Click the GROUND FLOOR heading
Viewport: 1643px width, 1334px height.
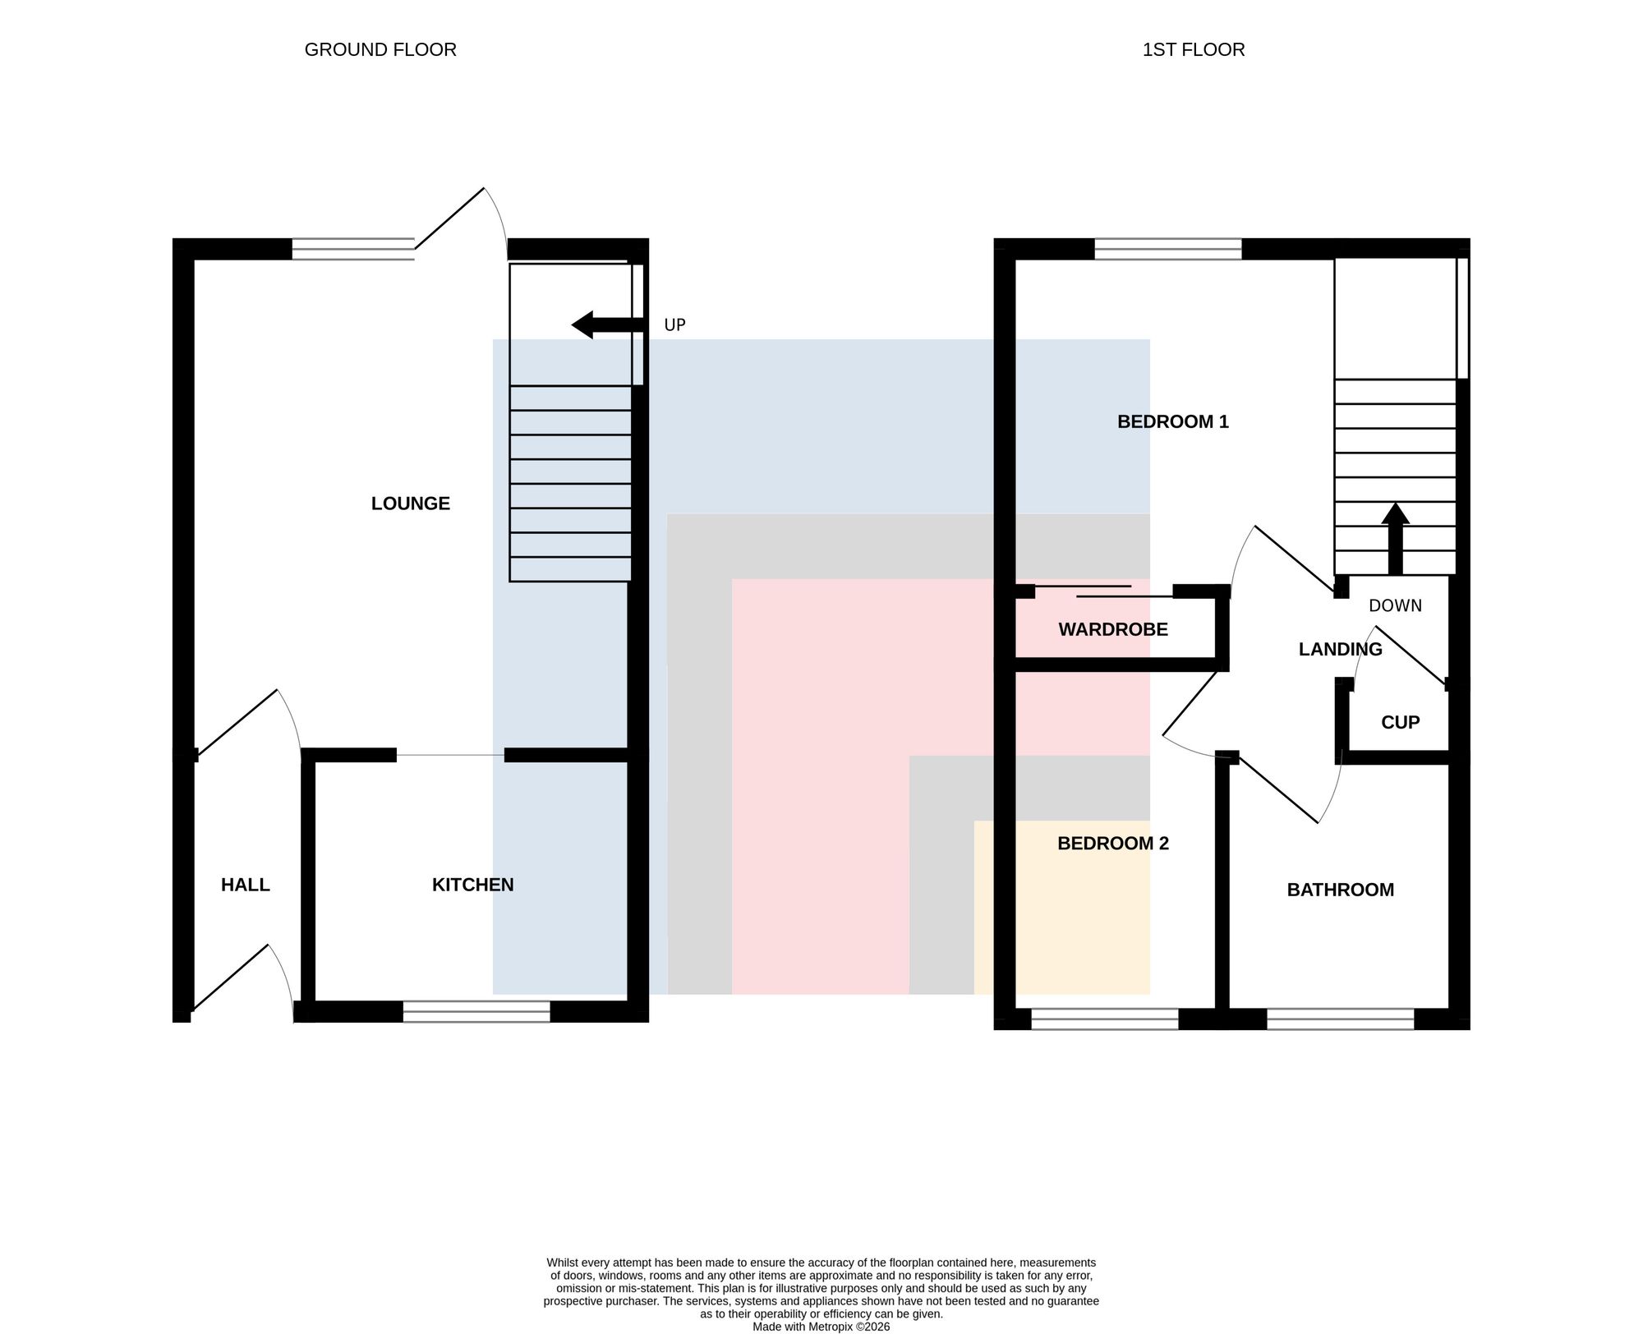click(x=380, y=50)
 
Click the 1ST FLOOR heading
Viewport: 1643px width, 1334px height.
click(x=1194, y=50)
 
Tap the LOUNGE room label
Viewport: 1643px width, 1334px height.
click(x=411, y=504)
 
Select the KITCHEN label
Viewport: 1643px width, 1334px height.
click(x=473, y=885)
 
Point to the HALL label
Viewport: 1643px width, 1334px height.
click(x=246, y=885)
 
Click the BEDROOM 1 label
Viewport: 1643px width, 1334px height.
click(x=1173, y=422)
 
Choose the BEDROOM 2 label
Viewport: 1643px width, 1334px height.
click(x=1113, y=844)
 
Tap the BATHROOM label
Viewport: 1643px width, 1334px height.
click(x=1341, y=890)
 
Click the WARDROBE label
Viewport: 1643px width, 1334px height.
click(x=1113, y=630)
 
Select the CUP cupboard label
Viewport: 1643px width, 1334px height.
click(x=1401, y=723)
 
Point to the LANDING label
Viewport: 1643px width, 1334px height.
click(x=1341, y=650)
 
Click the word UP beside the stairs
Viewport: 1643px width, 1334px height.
click(x=674, y=325)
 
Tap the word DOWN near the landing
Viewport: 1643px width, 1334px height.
click(x=1396, y=606)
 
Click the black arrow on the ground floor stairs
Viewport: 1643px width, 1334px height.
click(x=607, y=325)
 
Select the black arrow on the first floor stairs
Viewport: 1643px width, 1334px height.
click(x=1395, y=538)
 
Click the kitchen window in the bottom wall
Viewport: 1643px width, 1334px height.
click(x=476, y=1012)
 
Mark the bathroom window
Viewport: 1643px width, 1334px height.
click(x=1341, y=1019)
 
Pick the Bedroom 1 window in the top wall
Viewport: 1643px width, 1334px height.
click(x=1168, y=249)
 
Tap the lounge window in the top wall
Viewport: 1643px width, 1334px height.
click(x=353, y=249)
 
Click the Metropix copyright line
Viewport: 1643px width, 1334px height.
click(x=821, y=1327)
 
